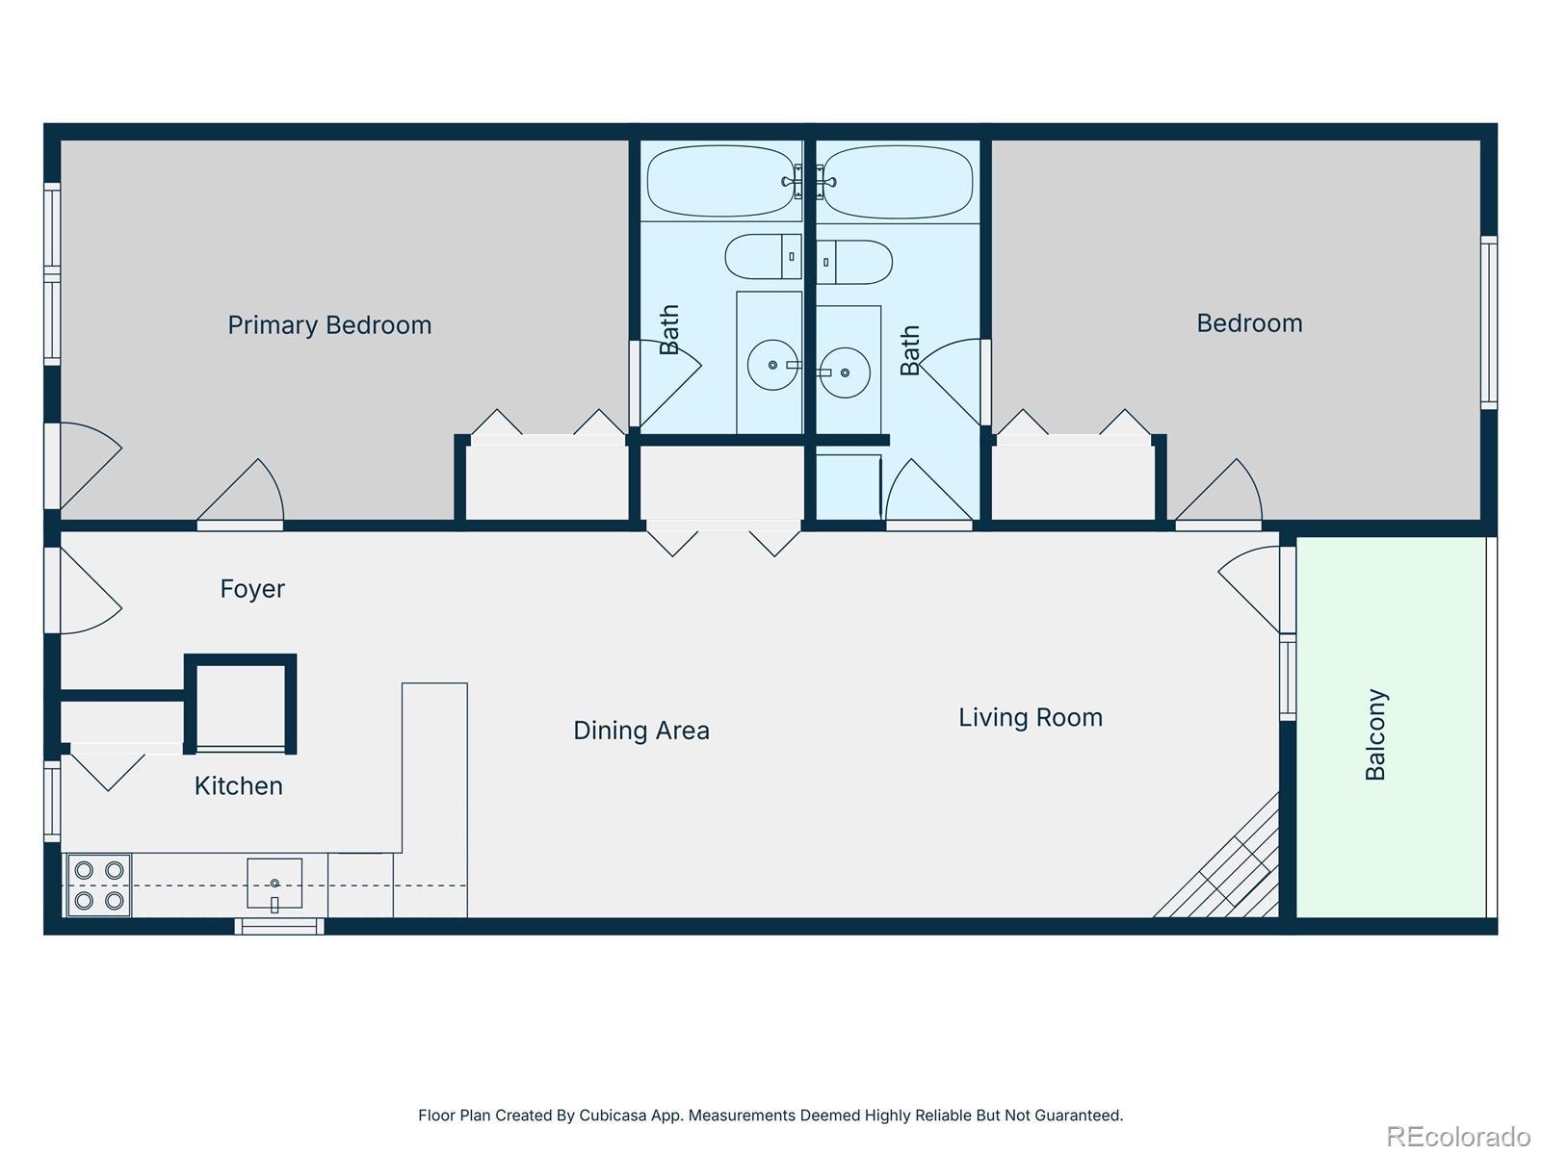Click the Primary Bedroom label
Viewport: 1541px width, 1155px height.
[x=329, y=325]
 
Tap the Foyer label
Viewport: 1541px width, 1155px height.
[x=252, y=589]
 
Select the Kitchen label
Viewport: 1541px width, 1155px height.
[x=239, y=786]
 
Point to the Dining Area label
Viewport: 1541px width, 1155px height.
[x=641, y=731]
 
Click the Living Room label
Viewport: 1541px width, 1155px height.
[x=1031, y=718]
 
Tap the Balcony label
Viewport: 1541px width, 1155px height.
[x=1375, y=734]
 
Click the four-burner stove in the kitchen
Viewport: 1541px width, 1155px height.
[x=99, y=885]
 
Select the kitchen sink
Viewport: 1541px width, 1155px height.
[x=274, y=884]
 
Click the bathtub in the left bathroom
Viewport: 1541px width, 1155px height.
[x=721, y=181]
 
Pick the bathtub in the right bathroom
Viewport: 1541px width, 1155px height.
[x=898, y=182]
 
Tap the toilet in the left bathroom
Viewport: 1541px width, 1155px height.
[x=763, y=257]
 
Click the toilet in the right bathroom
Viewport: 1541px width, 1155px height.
[x=854, y=262]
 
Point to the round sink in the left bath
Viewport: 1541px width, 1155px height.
[x=772, y=365]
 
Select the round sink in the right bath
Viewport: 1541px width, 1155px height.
[x=845, y=372]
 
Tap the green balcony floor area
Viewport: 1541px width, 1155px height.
[x=1391, y=728]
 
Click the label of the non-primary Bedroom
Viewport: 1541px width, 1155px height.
[x=1249, y=323]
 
